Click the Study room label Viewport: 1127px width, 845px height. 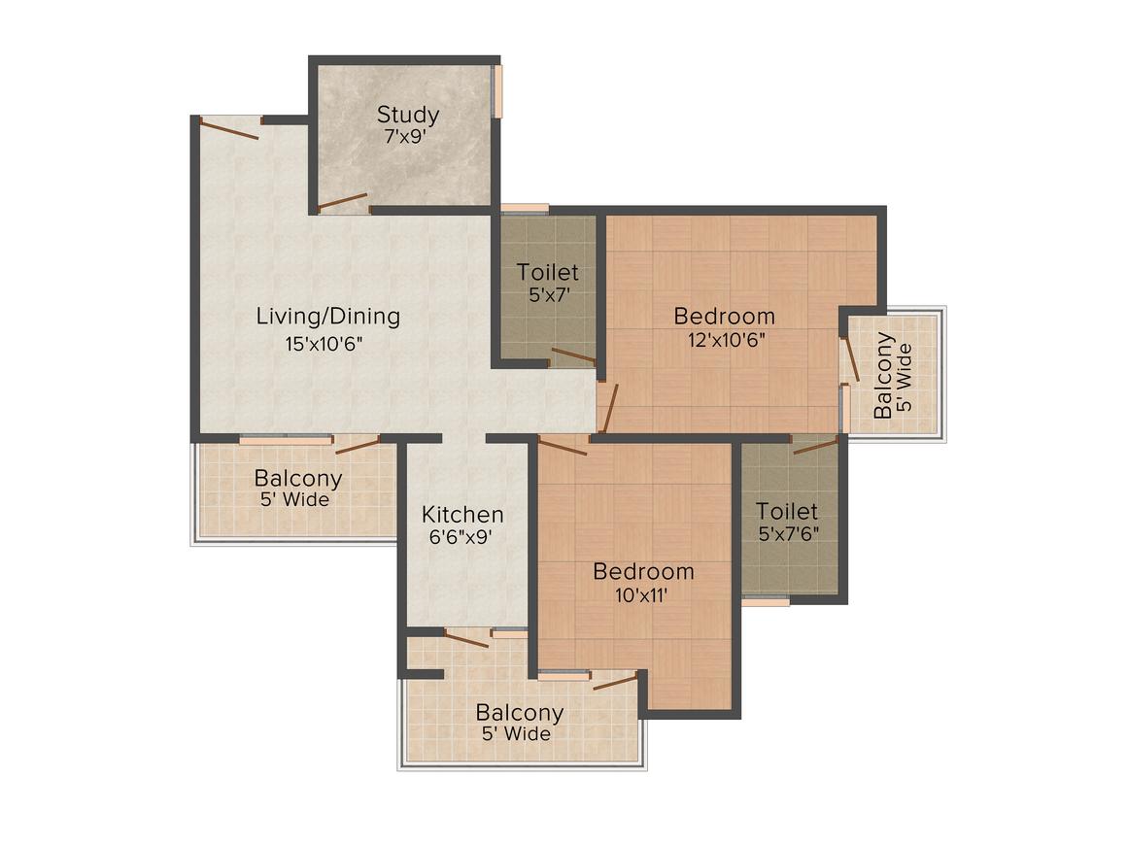pyautogui.click(x=407, y=115)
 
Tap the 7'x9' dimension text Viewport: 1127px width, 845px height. pyautogui.click(x=407, y=137)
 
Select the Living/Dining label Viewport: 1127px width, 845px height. pyautogui.click(x=327, y=317)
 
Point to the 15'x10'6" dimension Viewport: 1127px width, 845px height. pyautogui.click(x=324, y=344)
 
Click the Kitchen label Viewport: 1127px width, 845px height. pyautogui.click(x=462, y=515)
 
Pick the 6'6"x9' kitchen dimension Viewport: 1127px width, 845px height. pyautogui.click(x=461, y=537)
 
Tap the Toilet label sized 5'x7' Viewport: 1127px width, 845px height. pyautogui.click(x=547, y=272)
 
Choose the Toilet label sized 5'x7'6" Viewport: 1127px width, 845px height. pyautogui.click(x=786, y=512)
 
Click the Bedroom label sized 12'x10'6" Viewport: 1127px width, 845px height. pyautogui.click(x=725, y=317)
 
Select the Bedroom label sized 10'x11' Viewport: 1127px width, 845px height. pyautogui.click(x=643, y=572)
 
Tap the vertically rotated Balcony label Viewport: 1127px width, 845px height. pyautogui.click(x=882, y=375)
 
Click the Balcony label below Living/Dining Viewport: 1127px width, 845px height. pyautogui.click(x=297, y=478)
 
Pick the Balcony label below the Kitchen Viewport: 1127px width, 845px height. pyautogui.click(x=520, y=713)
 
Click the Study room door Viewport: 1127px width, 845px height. pyautogui.click(x=343, y=202)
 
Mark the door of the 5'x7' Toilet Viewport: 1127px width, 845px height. pyautogui.click(x=573, y=355)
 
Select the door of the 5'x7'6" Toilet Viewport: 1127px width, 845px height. pyautogui.click(x=815, y=447)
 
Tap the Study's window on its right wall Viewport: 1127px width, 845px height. pyautogui.click(x=497, y=91)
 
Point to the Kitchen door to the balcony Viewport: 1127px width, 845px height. pyautogui.click(x=466, y=638)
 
